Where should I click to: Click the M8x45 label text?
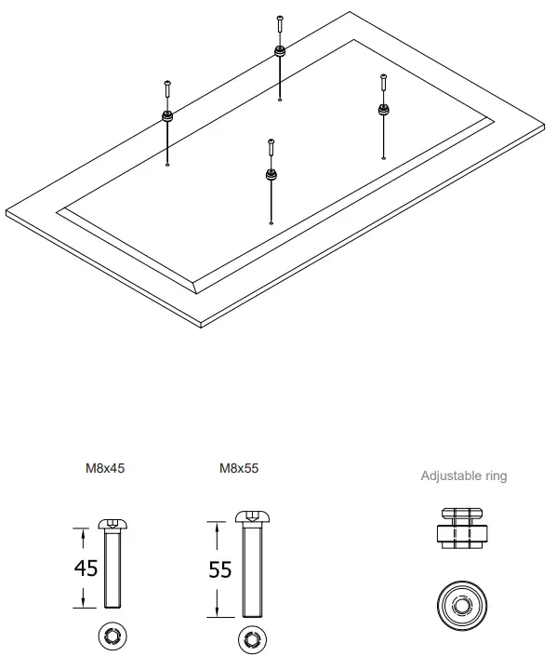[104, 469]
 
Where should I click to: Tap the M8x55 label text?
[238, 469]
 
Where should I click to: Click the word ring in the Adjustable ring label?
[496, 476]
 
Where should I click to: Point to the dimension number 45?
[86, 568]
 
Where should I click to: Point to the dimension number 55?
[219, 569]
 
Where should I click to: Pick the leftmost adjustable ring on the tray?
[167, 116]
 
